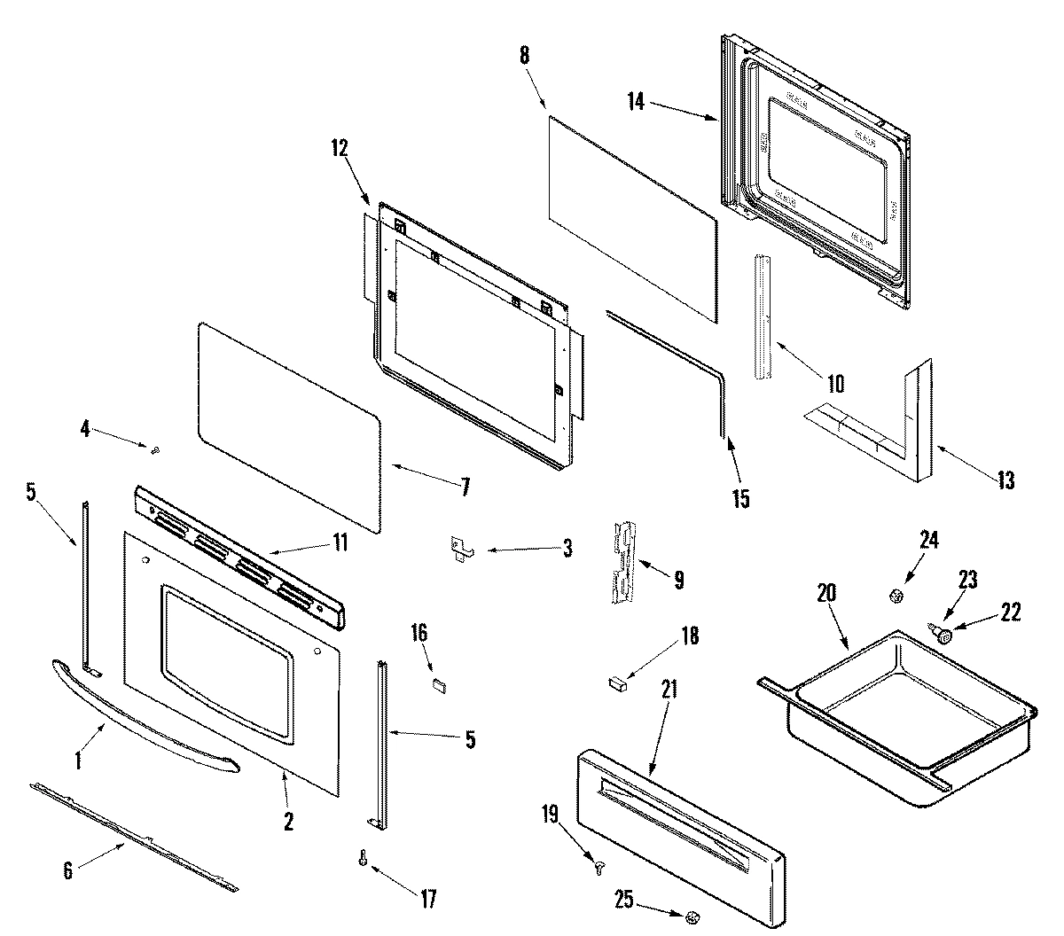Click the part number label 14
tap(636, 101)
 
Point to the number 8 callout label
tap(523, 54)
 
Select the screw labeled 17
tap(364, 859)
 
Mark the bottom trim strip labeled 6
tap(133, 834)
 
